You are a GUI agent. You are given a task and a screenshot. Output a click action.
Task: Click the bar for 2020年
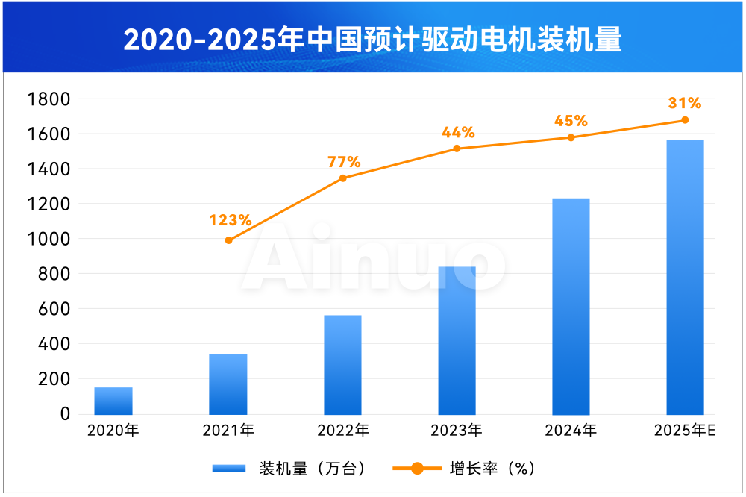pyautogui.click(x=113, y=401)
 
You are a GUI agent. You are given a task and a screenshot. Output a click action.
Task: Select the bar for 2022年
pyautogui.click(x=342, y=364)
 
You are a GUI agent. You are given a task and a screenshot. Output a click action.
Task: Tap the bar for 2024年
pyautogui.click(x=571, y=306)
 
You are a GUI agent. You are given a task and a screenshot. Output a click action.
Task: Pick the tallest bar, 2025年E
pyautogui.click(x=685, y=277)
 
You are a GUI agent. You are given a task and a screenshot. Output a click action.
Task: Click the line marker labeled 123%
pyautogui.click(x=228, y=240)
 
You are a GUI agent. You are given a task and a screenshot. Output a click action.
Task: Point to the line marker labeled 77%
pyautogui.click(x=342, y=178)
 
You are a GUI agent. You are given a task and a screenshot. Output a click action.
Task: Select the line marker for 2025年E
pyautogui.click(x=685, y=120)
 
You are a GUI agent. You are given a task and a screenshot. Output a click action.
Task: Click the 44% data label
pyautogui.click(x=458, y=133)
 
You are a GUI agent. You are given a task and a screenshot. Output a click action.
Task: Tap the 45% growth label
pyautogui.click(x=571, y=121)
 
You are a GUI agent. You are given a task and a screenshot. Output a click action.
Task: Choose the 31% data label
pyautogui.click(x=685, y=103)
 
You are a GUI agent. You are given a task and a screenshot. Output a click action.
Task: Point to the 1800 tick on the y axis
pyautogui.click(x=48, y=99)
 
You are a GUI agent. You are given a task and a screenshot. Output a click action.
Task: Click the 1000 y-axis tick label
pyautogui.click(x=48, y=239)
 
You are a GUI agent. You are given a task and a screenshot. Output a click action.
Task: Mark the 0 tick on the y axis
pyautogui.click(x=65, y=413)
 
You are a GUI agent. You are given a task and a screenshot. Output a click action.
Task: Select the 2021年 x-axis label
pyautogui.click(x=228, y=431)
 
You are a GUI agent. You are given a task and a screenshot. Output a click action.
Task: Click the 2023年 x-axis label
pyautogui.click(x=457, y=431)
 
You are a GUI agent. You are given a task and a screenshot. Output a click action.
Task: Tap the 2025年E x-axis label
pyautogui.click(x=685, y=431)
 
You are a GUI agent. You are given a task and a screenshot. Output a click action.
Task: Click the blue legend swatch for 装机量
pyautogui.click(x=229, y=469)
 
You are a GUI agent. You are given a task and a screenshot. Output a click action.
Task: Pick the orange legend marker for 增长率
pyautogui.click(x=416, y=469)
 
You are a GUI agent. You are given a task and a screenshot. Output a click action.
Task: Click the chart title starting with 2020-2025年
pyautogui.click(x=373, y=40)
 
